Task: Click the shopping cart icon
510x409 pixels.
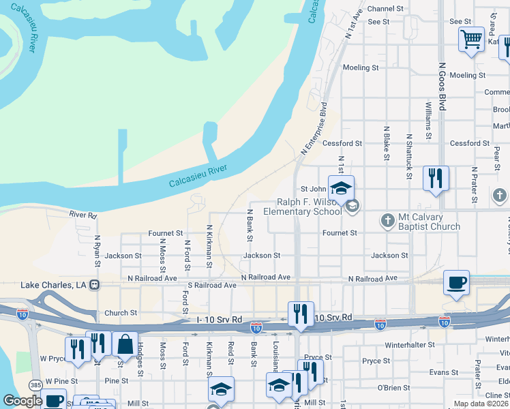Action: point(471,40)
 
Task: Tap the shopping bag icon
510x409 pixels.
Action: point(125,344)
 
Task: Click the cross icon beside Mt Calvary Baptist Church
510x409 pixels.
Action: point(387,219)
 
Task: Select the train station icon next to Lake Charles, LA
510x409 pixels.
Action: point(96,284)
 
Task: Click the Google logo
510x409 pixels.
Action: point(22,401)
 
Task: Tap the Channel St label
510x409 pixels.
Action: point(387,9)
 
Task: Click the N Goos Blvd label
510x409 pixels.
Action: point(442,87)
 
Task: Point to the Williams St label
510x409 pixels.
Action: point(428,121)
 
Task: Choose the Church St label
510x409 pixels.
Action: point(121,314)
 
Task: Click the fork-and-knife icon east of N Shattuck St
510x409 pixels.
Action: point(434,179)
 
